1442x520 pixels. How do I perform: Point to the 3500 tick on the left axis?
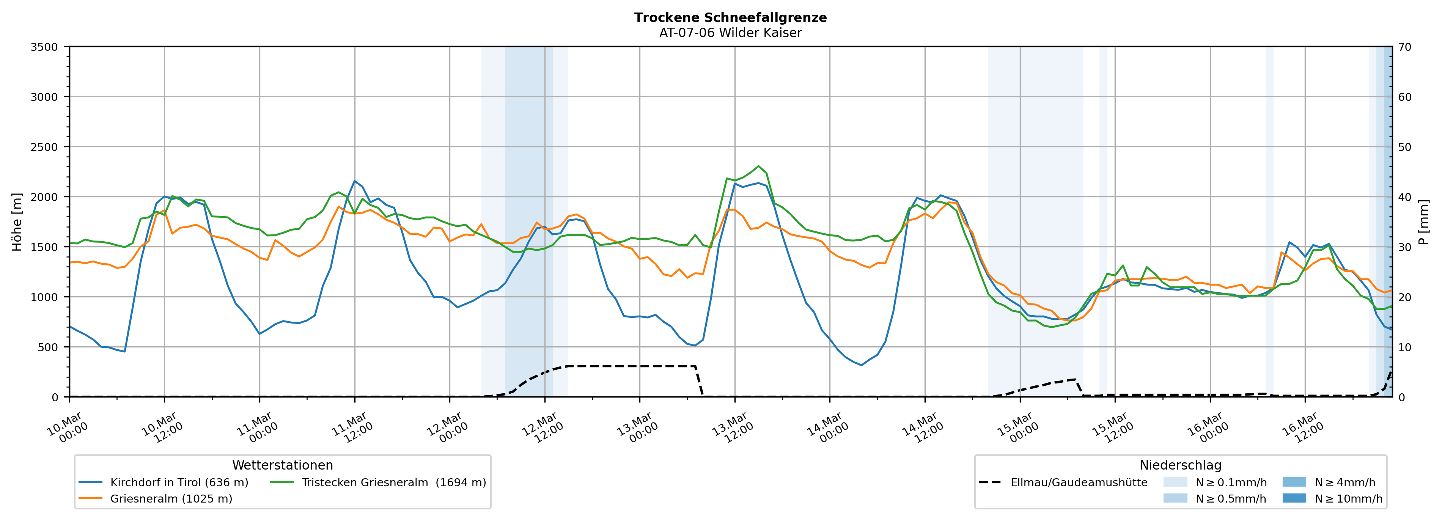[44, 47]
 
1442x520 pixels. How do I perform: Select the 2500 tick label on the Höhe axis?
[44, 147]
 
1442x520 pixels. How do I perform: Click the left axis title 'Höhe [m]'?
[17, 222]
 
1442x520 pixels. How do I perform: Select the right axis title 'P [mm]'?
[1423, 222]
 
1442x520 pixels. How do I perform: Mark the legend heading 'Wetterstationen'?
[282, 465]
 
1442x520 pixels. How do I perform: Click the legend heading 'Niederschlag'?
[1180, 465]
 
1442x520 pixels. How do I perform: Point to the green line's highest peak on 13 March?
[758, 166]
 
